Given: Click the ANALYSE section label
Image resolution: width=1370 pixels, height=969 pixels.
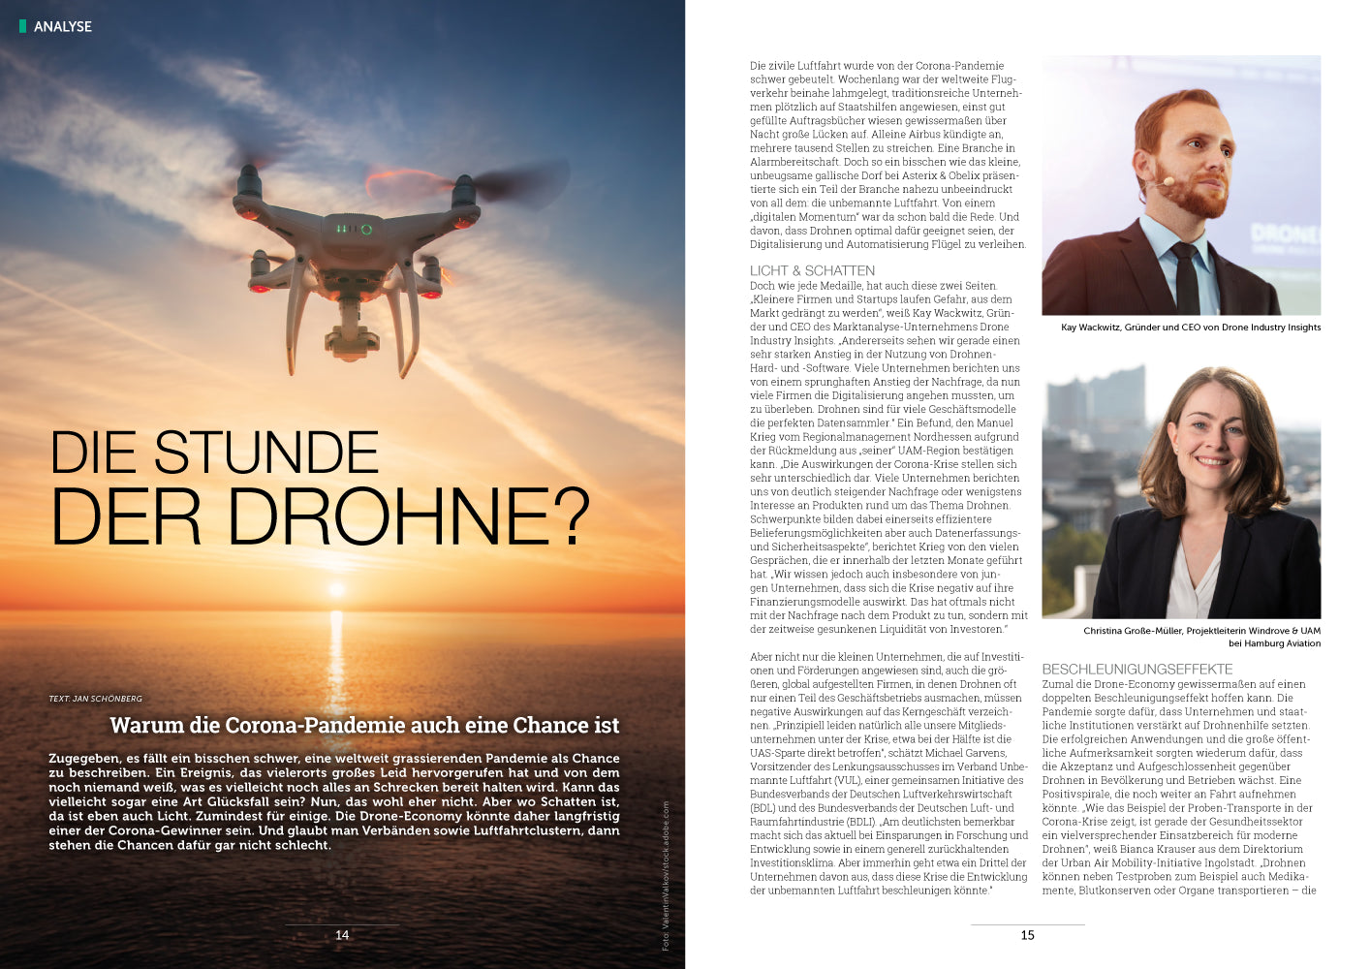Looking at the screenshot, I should [x=63, y=26].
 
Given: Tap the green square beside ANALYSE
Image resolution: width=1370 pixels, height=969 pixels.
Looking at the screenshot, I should [x=22, y=26].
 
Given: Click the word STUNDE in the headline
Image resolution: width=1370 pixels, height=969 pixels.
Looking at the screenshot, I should [x=266, y=453].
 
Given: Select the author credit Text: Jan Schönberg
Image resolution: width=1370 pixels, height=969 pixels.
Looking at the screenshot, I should [x=95, y=699].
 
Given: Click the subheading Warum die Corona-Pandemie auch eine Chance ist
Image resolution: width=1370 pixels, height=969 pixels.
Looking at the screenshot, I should [x=364, y=725].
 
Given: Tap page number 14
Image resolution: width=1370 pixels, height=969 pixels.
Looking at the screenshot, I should [x=342, y=935].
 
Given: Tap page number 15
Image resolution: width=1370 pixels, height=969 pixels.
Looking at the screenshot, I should [x=1027, y=935].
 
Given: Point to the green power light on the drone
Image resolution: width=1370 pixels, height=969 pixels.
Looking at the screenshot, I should [x=366, y=230].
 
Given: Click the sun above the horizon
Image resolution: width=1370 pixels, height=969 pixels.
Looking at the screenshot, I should [x=337, y=588].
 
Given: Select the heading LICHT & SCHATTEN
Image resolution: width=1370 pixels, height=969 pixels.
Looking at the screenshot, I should [x=812, y=271].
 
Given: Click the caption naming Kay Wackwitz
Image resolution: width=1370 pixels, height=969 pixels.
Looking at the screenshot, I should [x=1191, y=328].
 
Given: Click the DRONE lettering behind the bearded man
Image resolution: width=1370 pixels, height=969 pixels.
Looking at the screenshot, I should [x=1284, y=234].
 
